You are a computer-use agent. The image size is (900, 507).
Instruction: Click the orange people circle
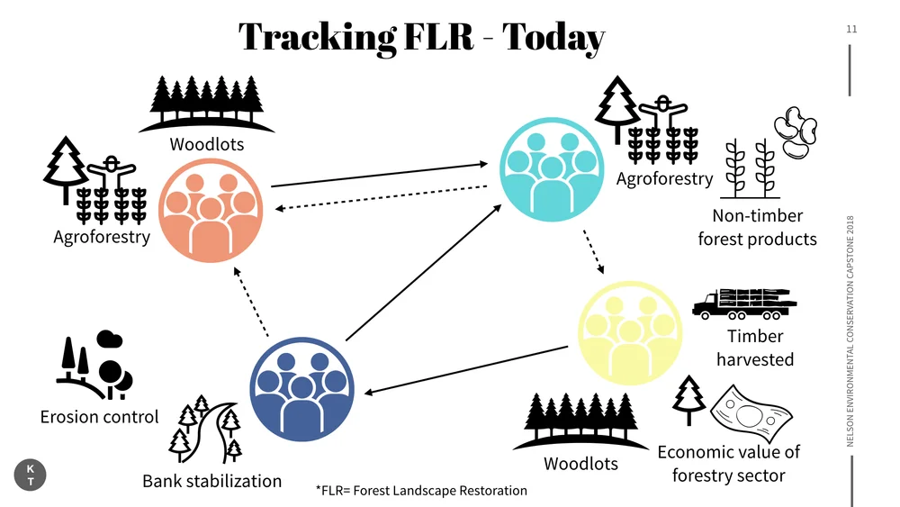tap(211, 211)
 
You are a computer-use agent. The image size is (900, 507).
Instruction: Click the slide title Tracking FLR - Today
tap(421, 37)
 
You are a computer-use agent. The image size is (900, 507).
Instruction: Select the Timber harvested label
tap(755, 348)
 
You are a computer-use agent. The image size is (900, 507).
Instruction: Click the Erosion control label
tap(99, 417)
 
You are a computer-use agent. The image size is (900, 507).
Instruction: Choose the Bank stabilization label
tap(212, 481)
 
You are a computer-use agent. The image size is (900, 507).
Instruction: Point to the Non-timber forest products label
tap(757, 227)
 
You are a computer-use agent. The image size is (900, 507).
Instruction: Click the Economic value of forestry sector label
tap(729, 463)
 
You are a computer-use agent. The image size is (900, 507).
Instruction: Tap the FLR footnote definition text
tap(421, 491)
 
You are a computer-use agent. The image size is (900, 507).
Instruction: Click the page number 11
tap(851, 30)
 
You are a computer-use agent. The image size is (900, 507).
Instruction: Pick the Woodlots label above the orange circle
tap(207, 144)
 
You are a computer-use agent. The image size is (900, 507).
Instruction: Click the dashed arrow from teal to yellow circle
tap(593, 253)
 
